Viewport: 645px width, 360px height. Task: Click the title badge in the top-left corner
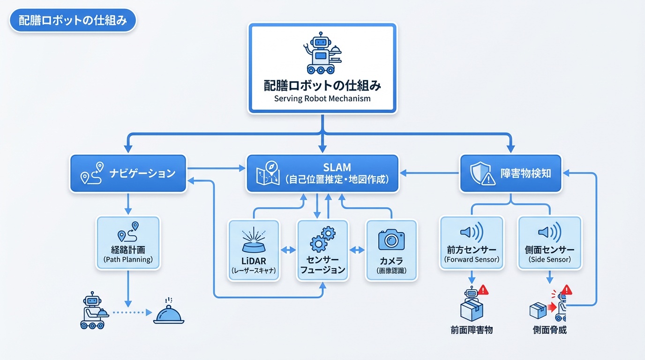(73, 22)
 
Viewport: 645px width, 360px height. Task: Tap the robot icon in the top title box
(322, 53)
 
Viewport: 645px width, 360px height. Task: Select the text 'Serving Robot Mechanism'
(322, 99)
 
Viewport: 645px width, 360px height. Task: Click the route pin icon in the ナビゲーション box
(92, 173)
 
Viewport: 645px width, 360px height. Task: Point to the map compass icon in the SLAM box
(268, 173)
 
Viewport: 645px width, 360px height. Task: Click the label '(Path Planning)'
(128, 259)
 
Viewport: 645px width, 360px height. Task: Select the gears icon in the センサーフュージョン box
(322, 240)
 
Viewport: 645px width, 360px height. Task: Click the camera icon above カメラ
(391, 240)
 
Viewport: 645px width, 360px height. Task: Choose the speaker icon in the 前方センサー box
(471, 232)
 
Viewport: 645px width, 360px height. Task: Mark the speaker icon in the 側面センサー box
(549, 232)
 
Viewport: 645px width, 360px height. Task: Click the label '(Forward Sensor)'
(472, 259)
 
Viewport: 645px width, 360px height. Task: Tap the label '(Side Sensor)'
(549, 259)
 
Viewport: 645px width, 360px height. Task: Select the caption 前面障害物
(472, 330)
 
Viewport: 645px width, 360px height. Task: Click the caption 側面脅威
(549, 330)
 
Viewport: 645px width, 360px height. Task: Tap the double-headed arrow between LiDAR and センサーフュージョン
(288, 250)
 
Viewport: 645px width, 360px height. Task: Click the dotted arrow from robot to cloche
(132, 312)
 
